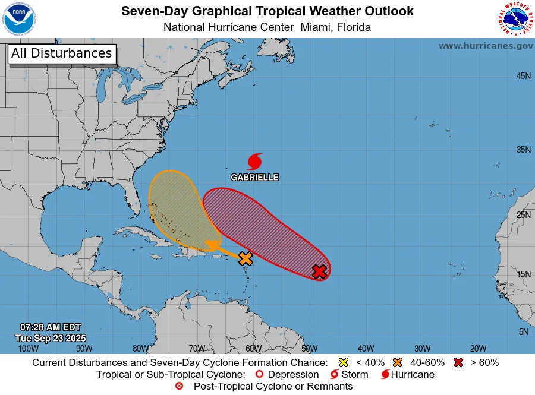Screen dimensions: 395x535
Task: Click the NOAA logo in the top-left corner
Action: tap(19, 20)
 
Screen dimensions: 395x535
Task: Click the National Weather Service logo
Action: tap(514, 20)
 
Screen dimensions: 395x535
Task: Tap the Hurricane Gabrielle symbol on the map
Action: tap(255, 162)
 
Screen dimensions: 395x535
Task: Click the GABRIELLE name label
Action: tap(254, 177)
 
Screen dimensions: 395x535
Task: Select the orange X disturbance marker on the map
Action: tap(246, 258)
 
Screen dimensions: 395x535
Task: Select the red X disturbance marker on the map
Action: tap(320, 271)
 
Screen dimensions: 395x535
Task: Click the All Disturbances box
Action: tap(61, 53)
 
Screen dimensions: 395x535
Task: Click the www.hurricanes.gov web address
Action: tap(486, 46)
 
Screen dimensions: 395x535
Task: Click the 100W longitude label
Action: tap(28, 349)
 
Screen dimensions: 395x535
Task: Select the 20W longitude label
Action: tap(478, 349)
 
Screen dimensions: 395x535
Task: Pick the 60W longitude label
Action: tap(253, 349)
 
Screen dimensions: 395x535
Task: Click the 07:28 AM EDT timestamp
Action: tap(51, 327)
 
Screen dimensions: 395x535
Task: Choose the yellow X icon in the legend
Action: tap(343, 362)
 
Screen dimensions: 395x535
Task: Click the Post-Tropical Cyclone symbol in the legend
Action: tap(180, 386)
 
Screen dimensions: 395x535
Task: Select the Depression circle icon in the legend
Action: tap(259, 374)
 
